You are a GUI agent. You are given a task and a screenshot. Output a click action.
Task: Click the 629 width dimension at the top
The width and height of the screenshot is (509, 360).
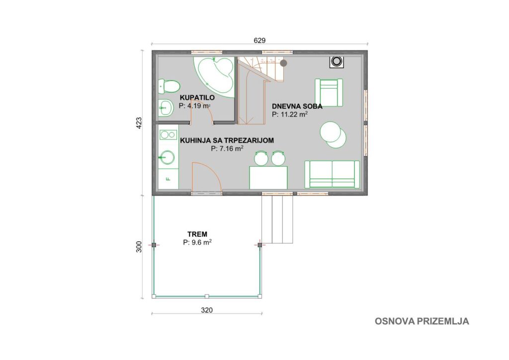click(x=259, y=40)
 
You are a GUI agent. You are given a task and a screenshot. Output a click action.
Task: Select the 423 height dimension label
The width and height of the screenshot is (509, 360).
click(x=139, y=123)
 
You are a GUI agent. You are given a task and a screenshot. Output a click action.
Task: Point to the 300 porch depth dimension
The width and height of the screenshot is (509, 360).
click(x=139, y=247)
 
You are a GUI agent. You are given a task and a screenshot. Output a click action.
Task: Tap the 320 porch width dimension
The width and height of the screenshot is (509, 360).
click(x=207, y=310)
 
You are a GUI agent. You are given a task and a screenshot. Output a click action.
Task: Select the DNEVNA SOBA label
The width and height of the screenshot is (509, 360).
click(x=297, y=106)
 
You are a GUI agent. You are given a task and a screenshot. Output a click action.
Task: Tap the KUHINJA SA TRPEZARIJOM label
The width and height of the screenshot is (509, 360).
click(x=227, y=140)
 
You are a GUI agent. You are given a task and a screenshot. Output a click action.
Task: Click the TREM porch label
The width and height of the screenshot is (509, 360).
click(x=197, y=234)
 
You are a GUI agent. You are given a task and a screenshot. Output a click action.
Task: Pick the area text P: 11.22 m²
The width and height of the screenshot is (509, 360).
click(x=290, y=114)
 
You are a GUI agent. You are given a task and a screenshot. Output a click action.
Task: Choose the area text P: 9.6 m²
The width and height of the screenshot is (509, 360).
click(x=197, y=242)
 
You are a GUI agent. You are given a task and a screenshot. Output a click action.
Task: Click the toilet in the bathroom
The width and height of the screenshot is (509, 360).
click(x=169, y=87)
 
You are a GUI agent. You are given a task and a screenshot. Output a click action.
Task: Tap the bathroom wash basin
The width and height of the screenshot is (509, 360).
click(x=166, y=107)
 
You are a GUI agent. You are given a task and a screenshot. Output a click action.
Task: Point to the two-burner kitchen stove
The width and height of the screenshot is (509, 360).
click(x=169, y=134)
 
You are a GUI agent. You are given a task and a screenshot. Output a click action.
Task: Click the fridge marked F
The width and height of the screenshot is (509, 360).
click(x=169, y=179)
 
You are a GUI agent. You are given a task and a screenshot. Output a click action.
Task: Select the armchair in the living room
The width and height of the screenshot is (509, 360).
click(x=329, y=92)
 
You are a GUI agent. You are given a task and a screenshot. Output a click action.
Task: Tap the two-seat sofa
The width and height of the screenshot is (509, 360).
click(x=332, y=175)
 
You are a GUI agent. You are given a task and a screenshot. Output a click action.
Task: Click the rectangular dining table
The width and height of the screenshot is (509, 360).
click(x=268, y=177)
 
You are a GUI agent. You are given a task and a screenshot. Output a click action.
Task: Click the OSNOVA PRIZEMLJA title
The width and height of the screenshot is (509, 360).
click(x=422, y=321)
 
